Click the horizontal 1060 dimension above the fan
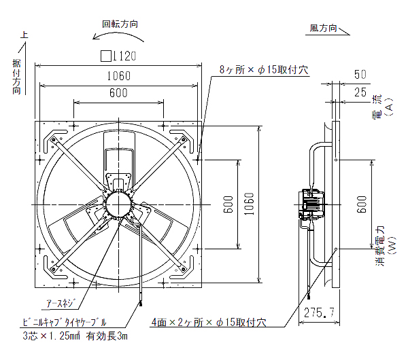pyautogui.click(x=120, y=75)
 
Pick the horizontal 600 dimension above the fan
pyautogui.click(x=118, y=93)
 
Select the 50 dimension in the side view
pyautogui.click(x=360, y=74)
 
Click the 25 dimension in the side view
pyautogui.click(x=360, y=91)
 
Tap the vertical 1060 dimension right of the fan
pyautogui.click(x=250, y=203)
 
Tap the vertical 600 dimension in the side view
pyautogui.click(x=360, y=203)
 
